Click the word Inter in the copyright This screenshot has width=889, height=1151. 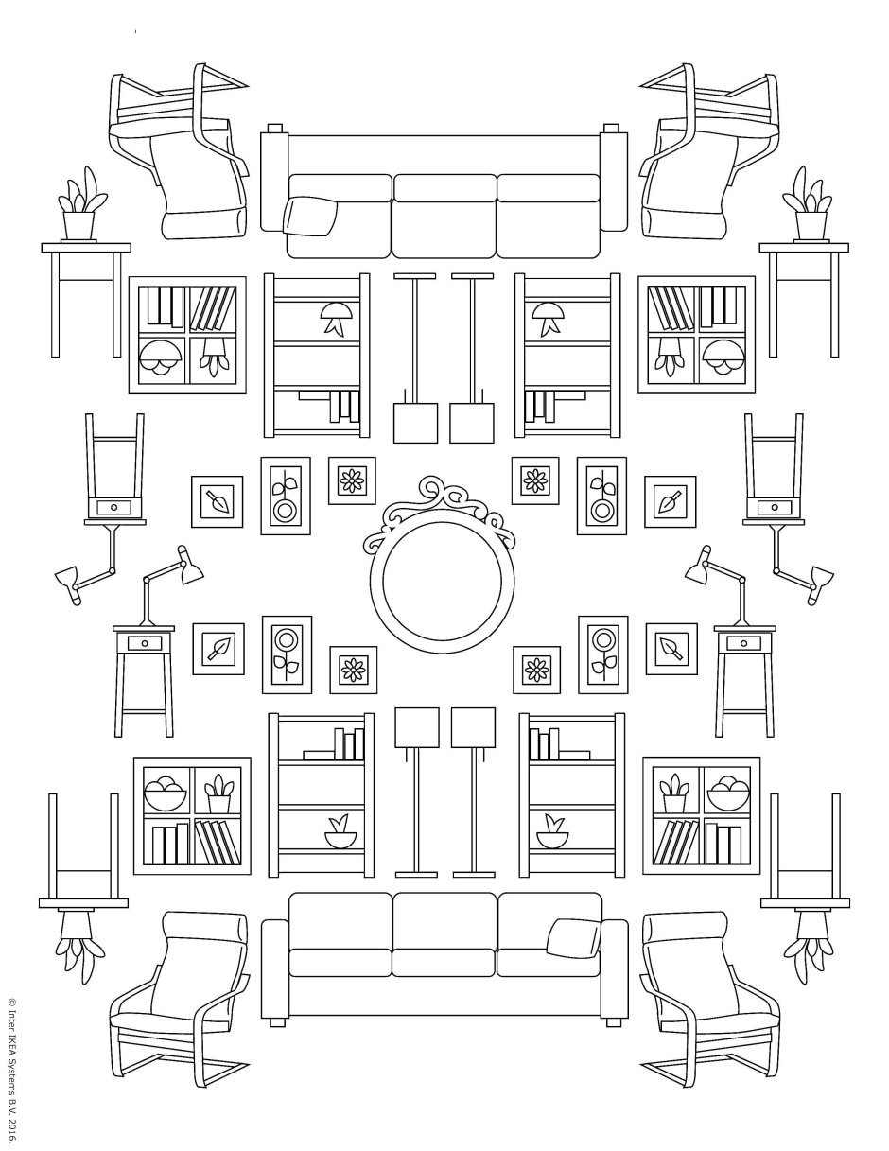[x=12, y=1026]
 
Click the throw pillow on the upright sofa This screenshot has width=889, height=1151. [x=571, y=935]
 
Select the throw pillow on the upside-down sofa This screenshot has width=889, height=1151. [x=313, y=216]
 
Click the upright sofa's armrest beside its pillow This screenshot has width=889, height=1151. [x=615, y=969]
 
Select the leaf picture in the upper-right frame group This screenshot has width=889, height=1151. [x=670, y=500]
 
